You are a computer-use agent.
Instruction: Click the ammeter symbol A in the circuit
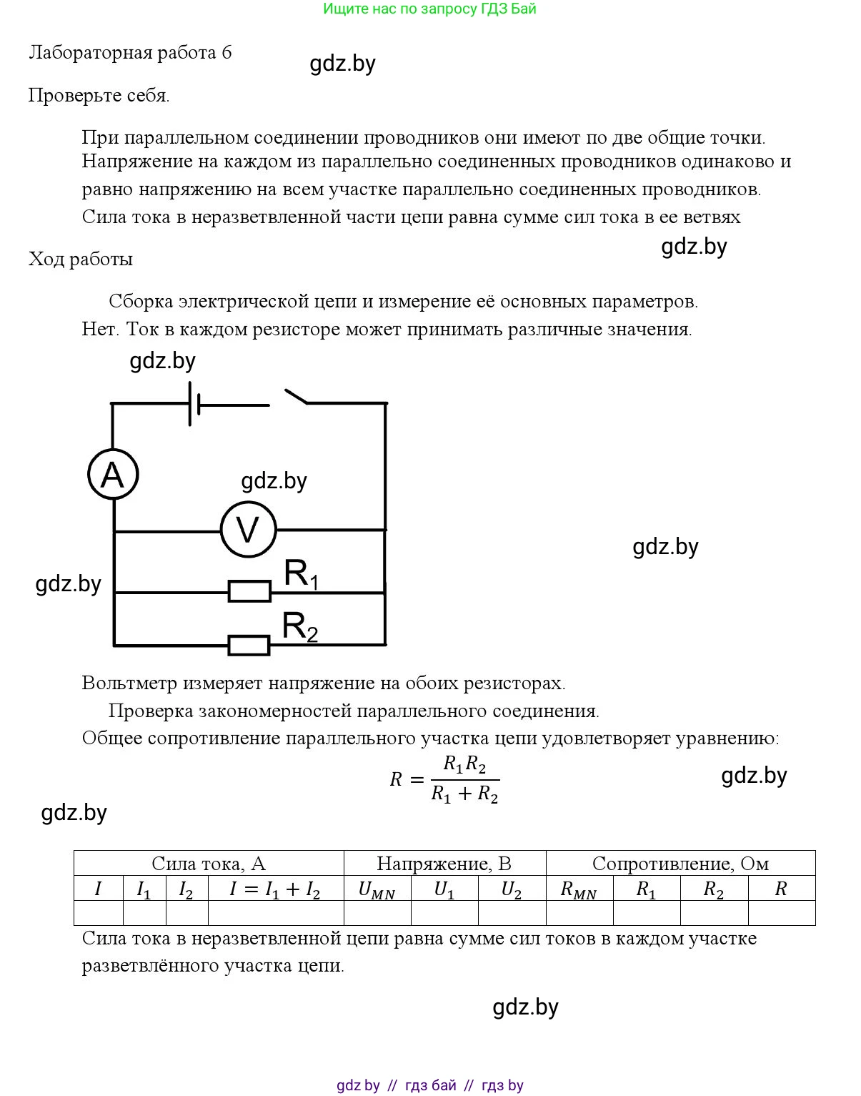click(113, 474)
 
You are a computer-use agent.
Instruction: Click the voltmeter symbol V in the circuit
click(248, 530)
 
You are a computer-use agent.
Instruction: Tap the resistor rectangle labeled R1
click(249, 591)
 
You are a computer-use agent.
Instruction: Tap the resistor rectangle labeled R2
click(249, 646)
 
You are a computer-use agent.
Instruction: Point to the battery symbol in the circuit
click(193, 404)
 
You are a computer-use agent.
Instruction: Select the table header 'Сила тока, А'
click(209, 864)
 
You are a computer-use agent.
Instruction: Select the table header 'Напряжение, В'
click(444, 864)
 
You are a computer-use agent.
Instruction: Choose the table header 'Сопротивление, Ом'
click(680, 864)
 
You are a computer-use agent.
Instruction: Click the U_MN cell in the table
click(377, 889)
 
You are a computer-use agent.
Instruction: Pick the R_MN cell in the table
click(579, 889)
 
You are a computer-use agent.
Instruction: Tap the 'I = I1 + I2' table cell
click(275, 889)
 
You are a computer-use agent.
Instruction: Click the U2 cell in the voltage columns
click(512, 889)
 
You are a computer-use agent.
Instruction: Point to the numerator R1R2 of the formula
click(464, 765)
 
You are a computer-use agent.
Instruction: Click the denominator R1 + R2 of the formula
click(464, 794)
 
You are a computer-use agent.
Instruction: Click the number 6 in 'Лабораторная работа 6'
click(227, 53)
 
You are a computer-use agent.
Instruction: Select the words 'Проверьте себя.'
click(99, 95)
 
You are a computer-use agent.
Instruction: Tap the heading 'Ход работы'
click(81, 259)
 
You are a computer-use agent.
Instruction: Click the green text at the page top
click(429, 9)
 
